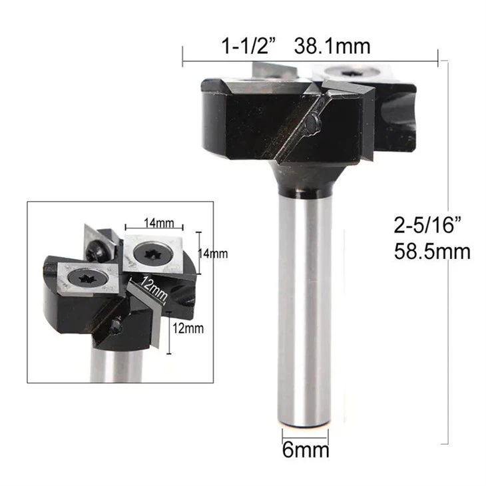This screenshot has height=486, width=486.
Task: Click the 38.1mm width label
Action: point(332,47)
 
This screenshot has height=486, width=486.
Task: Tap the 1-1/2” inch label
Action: point(248,47)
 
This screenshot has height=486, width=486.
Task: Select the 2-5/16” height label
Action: point(427,224)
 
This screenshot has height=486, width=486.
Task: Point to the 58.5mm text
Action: point(432,252)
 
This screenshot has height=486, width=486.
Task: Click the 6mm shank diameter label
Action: point(306,450)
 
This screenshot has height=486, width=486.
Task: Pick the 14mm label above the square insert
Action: point(158,223)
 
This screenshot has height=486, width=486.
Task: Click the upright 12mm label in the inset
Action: point(188,328)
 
